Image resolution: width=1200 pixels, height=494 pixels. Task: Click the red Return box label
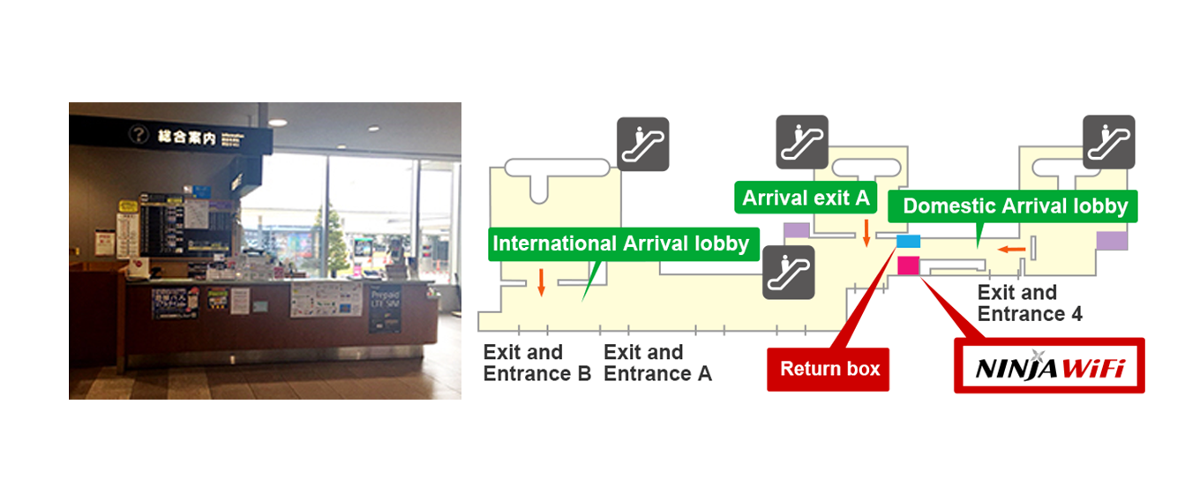click(830, 369)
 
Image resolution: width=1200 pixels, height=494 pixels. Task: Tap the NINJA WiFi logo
click(1049, 366)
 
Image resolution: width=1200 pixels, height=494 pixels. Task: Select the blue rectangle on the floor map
click(908, 241)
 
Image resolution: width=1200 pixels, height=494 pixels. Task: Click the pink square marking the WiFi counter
click(908, 265)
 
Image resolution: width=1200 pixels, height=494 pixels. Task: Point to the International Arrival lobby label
click(620, 243)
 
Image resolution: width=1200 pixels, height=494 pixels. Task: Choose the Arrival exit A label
click(806, 198)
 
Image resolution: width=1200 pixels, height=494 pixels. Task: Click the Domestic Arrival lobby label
click(1015, 206)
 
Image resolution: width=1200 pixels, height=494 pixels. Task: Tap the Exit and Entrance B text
click(537, 363)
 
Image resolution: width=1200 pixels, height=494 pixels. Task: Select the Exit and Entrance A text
click(657, 363)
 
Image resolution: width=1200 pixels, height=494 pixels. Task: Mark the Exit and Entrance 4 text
click(1030, 303)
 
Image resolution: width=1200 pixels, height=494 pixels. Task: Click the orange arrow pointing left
click(1012, 250)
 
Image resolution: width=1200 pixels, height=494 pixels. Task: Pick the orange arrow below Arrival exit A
click(866, 233)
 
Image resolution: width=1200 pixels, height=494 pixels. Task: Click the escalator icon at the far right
click(1108, 142)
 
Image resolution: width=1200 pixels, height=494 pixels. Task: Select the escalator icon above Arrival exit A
click(802, 142)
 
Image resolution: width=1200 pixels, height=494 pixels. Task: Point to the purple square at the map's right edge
click(1113, 241)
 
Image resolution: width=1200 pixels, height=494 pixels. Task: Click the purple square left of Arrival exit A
click(796, 230)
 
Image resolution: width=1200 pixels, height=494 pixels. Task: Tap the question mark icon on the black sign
click(138, 134)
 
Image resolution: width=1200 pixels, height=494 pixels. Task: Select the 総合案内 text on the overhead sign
click(186, 136)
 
